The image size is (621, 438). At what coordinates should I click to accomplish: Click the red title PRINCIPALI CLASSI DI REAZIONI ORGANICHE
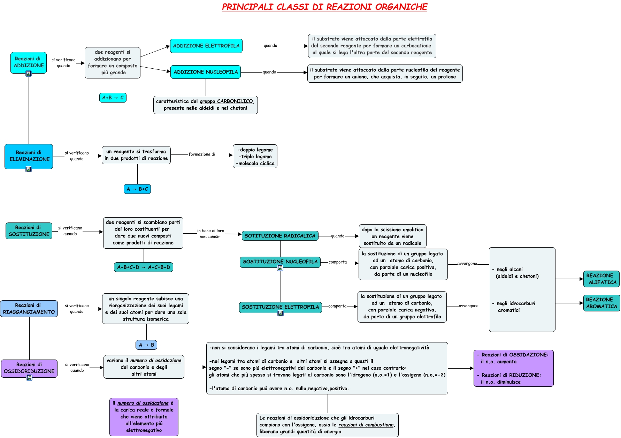(324, 7)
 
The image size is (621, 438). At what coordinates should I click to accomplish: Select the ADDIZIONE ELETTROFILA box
(206, 46)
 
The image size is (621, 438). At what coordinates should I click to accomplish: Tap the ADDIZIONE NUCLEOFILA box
(206, 72)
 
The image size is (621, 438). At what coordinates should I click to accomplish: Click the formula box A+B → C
(113, 98)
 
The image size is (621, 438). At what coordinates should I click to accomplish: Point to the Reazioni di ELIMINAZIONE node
(29, 156)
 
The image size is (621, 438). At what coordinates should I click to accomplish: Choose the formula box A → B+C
(137, 189)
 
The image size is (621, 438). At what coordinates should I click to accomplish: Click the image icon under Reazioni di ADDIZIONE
(29, 74)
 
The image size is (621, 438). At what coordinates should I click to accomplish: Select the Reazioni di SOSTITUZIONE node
(29, 231)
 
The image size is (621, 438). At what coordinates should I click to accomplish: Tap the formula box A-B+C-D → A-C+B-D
(144, 267)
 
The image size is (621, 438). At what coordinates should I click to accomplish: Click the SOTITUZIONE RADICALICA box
(280, 236)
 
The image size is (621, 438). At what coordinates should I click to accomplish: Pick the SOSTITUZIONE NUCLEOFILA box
(280, 262)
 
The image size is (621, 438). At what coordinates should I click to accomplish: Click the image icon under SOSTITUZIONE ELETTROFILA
(281, 313)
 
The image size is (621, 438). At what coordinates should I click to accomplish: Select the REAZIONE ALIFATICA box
(601, 279)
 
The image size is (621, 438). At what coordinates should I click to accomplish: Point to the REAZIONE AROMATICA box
(601, 303)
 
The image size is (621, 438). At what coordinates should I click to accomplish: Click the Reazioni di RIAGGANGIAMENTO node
(29, 309)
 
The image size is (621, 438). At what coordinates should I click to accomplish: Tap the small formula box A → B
(146, 345)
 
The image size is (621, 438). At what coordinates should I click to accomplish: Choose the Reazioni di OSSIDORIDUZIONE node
(29, 368)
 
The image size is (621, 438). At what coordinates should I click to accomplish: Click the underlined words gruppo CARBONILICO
(226, 101)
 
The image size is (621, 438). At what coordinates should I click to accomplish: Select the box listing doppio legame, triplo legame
(255, 156)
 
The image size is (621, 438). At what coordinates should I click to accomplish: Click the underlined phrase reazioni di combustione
(366, 425)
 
